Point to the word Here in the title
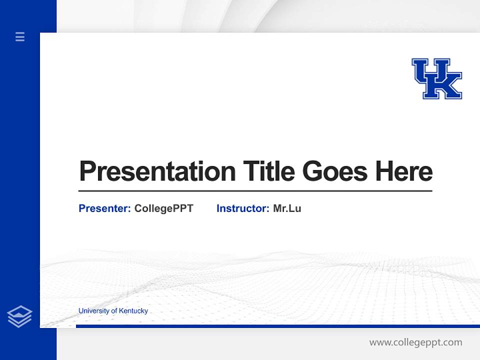(x=404, y=171)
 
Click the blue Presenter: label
(x=105, y=208)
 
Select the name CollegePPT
(x=163, y=208)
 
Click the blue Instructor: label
(x=243, y=208)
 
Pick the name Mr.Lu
(x=287, y=208)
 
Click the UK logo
(x=436, y=78)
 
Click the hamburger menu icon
(x=20, y=36)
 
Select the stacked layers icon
(x=19, y=316)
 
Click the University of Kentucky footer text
(x=113, y=310)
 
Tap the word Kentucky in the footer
(x=132, y=310)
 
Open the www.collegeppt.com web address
(x=415, y=342)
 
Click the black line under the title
(x=255, y=191)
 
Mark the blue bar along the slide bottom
(x=277, y=326)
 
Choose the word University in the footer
(x=93, y=310)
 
